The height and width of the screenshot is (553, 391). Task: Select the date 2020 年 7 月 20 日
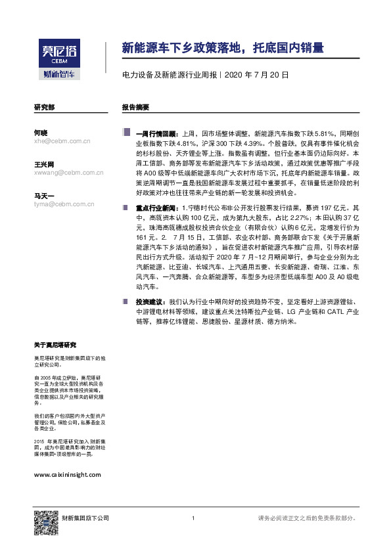tap(256, 76)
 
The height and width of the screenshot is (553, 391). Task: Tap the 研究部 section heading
tap(44, 106)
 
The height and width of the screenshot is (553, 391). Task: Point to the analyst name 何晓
tap(41, 132)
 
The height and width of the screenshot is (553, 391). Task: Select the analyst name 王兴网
tap(44, 164)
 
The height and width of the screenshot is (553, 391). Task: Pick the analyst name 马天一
tap(44, 196)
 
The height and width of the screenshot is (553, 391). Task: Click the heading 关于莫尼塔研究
tap(55, 345)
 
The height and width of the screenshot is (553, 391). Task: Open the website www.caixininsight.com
tap(67, 474)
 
